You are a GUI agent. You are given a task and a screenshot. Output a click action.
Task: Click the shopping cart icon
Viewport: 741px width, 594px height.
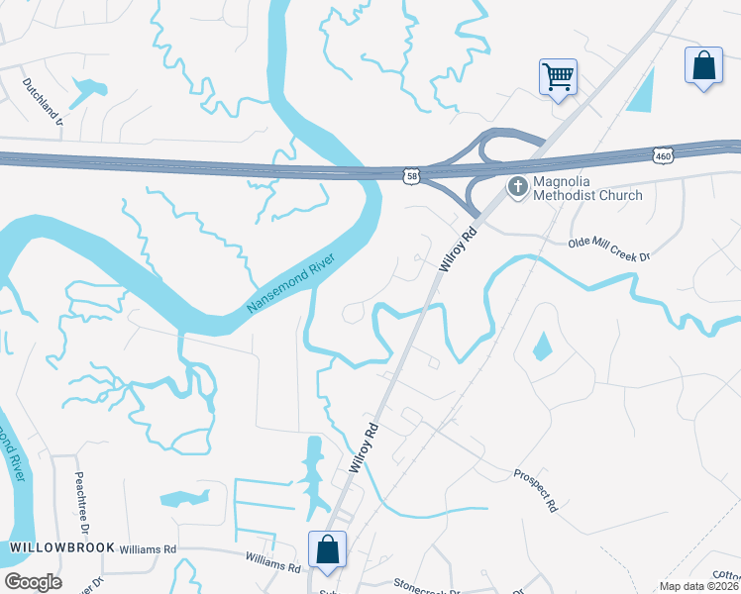point(559,76)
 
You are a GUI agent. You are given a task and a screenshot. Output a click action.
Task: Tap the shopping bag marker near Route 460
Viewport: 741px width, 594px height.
point(703,66)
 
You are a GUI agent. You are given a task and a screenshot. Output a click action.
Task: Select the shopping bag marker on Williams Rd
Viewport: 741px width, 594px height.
point(327,550)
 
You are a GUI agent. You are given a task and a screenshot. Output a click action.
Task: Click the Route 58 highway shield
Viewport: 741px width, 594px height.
point(411,176)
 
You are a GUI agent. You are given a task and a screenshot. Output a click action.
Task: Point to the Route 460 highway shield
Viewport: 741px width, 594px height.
point(664,155)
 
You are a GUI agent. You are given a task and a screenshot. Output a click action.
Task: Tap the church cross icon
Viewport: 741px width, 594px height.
point(517,186)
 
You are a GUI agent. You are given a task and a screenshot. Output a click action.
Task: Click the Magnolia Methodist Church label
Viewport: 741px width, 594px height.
point(588,188)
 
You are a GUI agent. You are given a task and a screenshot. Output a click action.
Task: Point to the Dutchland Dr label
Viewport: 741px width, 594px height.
point(42,99)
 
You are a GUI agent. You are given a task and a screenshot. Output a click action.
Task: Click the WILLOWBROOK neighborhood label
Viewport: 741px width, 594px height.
point(62,547)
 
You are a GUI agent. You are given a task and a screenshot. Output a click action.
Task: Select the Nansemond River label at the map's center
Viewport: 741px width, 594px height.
point(292,285)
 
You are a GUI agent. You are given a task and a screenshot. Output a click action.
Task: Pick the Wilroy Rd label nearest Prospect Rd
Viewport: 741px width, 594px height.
point(365,448)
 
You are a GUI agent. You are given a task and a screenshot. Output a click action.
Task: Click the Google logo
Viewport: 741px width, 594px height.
point(33,582)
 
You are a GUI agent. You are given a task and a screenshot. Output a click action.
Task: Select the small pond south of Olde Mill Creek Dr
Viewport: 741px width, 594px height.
point(542,346)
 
